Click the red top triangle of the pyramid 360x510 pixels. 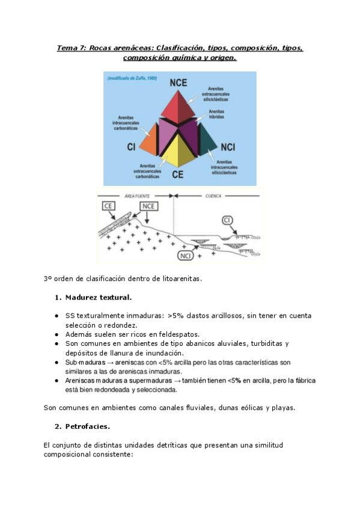(178, 105)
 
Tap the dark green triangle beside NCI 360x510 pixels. (207, 141)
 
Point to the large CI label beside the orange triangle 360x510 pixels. (131, 146)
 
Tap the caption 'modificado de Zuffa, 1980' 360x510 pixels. (132, 78)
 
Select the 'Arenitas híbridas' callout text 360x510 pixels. (218, 114)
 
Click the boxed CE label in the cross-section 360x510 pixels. (109, 206)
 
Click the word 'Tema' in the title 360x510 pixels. (69, 48)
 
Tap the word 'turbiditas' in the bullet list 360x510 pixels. (263, 343)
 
